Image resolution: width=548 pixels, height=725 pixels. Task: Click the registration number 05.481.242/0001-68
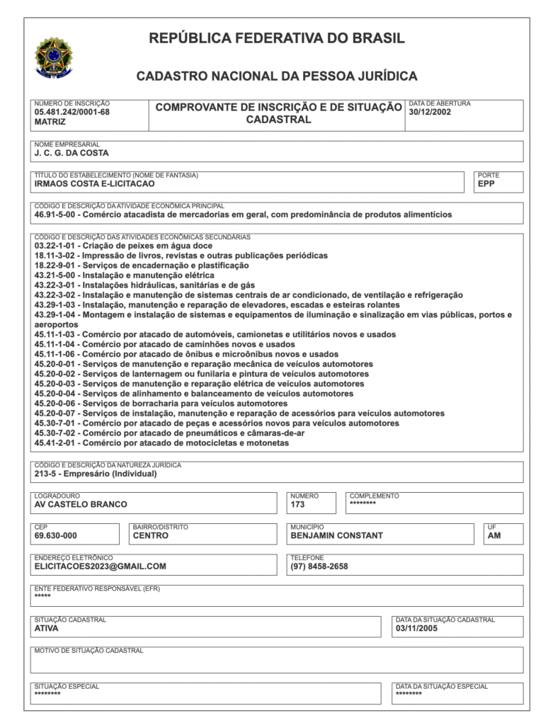point(72,112)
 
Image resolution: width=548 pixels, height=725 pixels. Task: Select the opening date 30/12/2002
point(430,112)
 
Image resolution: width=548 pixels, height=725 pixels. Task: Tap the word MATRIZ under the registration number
point(50,122)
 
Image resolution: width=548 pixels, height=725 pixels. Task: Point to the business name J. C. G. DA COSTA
point(72,153)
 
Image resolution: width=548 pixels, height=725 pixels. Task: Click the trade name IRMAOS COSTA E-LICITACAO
point(94,183)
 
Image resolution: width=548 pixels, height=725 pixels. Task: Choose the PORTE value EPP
point(486,183)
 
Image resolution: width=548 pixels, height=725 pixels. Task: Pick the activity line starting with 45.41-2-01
point(161,443)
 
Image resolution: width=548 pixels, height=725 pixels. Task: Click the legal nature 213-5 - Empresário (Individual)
point(96,474)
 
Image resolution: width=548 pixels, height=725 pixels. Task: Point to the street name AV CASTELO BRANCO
point(81,505)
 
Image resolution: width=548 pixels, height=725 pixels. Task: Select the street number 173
point(297,505)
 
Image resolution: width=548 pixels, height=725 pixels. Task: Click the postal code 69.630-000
point(56,536)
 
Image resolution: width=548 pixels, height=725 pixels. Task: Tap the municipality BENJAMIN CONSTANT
point(336,536)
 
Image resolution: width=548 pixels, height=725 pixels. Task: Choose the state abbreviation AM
point(494,536)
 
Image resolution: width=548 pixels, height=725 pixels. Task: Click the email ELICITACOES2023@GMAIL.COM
point(101,566)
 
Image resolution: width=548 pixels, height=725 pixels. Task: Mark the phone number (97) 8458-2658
point(319,566)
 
